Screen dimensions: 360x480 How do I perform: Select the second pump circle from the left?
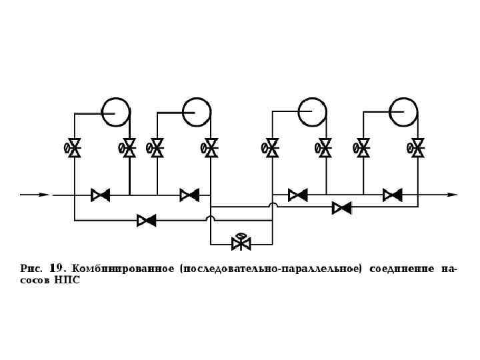197,110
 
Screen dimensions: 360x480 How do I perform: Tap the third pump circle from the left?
311,111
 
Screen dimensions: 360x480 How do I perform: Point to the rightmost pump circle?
403,111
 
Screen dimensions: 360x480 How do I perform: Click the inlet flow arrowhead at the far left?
43,195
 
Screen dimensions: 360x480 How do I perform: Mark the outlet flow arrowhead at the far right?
453,195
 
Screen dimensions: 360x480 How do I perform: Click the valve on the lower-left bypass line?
146,219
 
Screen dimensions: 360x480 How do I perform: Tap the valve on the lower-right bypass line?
342,208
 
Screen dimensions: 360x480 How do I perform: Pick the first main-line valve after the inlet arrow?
101,195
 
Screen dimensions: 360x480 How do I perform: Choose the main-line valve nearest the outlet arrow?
392,195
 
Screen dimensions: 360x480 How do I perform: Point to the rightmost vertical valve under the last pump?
417,148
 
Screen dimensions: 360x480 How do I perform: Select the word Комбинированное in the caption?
123,269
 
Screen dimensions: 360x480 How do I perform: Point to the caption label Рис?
31,269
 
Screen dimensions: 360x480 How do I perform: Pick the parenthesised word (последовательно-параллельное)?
271,269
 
